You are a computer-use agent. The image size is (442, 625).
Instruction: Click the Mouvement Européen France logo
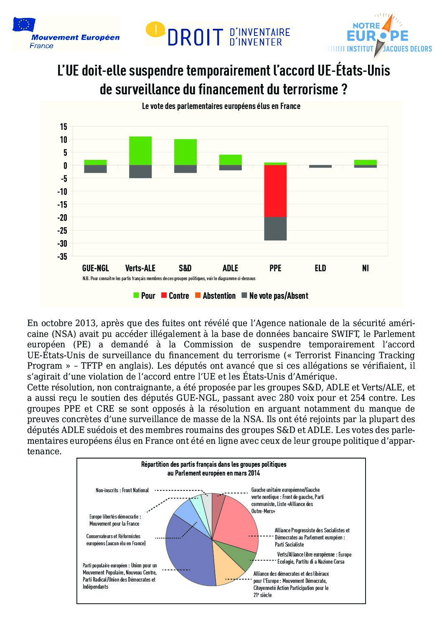point(66,33)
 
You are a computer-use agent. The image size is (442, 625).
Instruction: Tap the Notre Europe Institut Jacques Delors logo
point(378,35)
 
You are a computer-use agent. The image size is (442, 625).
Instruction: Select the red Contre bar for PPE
point(275,191)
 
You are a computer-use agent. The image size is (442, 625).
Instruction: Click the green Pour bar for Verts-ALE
point(140,151)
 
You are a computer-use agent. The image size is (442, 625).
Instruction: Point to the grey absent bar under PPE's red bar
point(275,228)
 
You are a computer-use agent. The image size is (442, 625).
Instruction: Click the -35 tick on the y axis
point(63,256)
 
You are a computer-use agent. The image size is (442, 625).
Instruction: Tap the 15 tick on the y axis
point(64,127)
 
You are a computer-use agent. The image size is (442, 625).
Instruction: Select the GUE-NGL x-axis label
point(95,268)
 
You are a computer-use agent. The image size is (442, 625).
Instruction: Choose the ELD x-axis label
point(320,268)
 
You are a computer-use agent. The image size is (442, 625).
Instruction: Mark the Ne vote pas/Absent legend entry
point(274,296)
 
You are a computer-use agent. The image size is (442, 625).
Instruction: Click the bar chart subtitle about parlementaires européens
point(221,106)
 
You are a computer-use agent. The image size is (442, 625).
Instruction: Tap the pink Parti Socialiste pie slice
point(236,522)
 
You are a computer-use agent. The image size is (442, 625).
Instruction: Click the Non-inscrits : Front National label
point(122,490)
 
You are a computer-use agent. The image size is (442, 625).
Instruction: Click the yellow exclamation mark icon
point(156,30)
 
